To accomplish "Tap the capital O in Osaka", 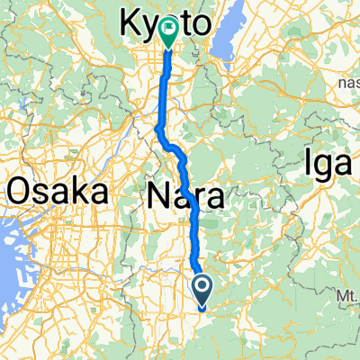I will coord(21,192).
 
